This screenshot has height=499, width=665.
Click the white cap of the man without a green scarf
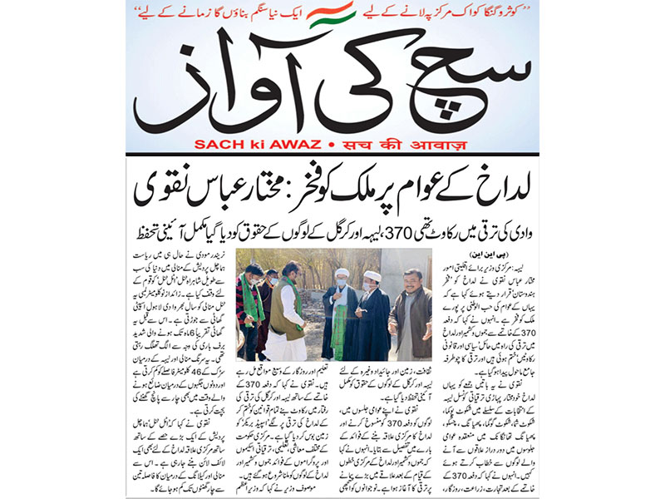tap(372, 276)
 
